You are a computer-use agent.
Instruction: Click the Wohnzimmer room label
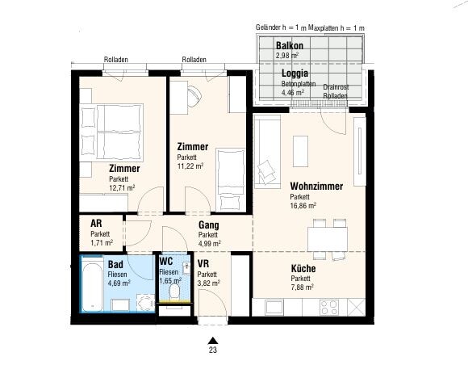click(316, 186)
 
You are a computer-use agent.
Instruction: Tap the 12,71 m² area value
click(122, 188)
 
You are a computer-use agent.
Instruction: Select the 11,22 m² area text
click(190, 166)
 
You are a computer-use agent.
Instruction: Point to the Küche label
click(303, 268)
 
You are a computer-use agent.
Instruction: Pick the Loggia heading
click(295, 73)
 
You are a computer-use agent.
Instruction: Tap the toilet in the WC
click(174, 292)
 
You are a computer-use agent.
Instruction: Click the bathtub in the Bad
click(92, 287)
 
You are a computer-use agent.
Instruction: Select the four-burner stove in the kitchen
click(329, 308)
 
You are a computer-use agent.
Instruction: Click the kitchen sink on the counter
click(274, 308)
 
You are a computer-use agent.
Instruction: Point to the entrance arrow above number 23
click(213, 341)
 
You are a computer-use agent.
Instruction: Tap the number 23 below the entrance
click(213, 350)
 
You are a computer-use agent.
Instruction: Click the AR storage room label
click(96, 223)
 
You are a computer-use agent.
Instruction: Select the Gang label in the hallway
click(209, 225)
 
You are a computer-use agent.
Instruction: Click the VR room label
click(203, 264)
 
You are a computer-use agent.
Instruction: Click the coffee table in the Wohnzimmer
click(300, 151)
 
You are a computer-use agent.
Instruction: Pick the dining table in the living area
click(328, 239)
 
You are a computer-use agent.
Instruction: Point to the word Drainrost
click(336, 87)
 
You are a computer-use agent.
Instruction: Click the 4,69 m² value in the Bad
click(119, 283)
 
